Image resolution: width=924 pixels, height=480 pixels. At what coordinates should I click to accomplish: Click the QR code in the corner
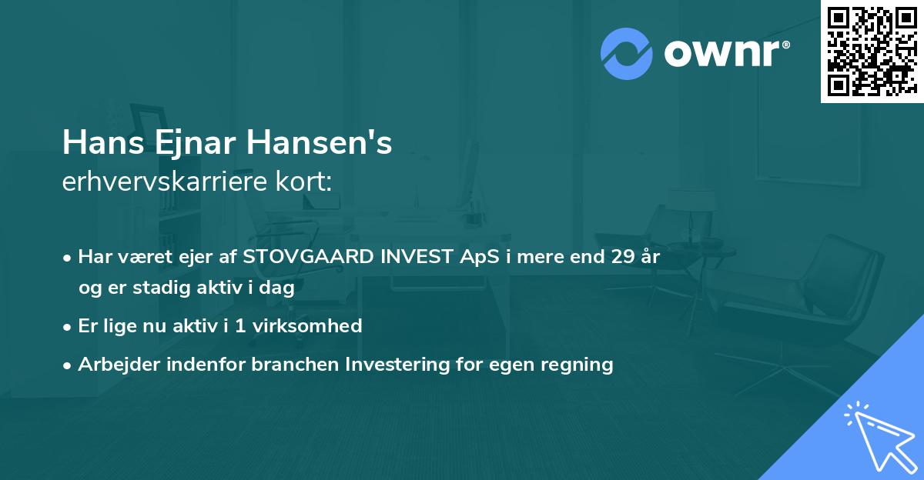pyautogui.click(x=871, y=51)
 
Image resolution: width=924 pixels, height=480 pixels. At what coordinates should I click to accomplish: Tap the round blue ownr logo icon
pyautogui.click(x=626, y=54)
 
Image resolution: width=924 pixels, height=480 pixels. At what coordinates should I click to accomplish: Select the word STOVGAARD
pyautogui.click(x=306, y=257)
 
